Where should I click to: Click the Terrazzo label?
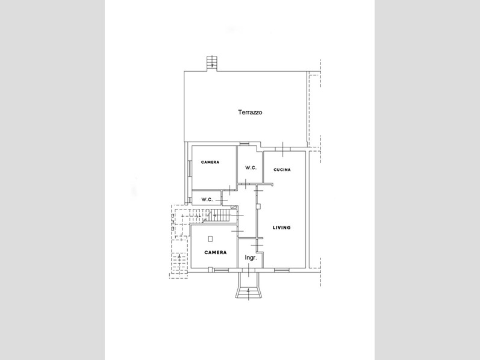pyautogui.click(x=250, y=113)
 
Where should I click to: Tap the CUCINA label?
pyautogui.click(x=282, y=170)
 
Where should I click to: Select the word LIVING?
pyautogui.click(x=282, y=228)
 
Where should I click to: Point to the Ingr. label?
pyautogui.click(x=251, y=258)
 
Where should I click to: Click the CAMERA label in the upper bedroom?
pyautogui.click(x=210, y=163)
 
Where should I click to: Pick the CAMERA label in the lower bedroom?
pyautogui.click(x=216, y=253)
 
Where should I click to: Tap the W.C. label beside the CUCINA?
pyautogui.click(x=251, y=168)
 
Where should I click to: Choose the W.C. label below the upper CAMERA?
pyautogui.click(x=207, y=200)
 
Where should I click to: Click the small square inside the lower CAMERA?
pyautogui.click(x=210, y=239)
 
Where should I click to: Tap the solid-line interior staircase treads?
pyautogui.click(x=221, y=215)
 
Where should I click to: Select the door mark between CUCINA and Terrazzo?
pyautogui.click(x=283, y=149)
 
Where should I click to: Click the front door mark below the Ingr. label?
pyautogui.click(x=249, y=270)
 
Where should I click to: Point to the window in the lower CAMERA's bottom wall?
pyautogui.click(x=220, y=270)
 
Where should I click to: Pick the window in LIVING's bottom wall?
pyautogui.click(x=282, y=270)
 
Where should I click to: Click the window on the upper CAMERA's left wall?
pyautogui.click(x=190, y=169)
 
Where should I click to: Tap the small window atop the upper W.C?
pyautogui.click(x=245, y=143)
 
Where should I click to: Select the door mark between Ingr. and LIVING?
pyautogui.click(x=257, y=246)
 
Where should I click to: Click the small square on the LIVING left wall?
pyautogui.click(x=259, y=206)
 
